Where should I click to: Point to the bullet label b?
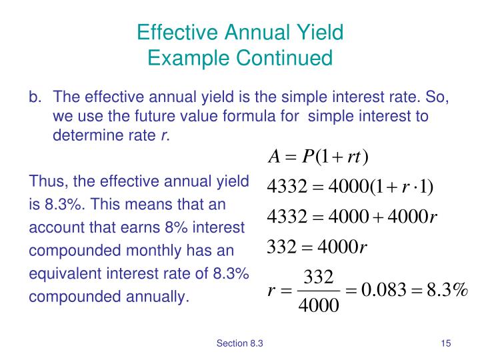pyautogui.click(x=35, y=97)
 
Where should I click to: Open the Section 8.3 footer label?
pyautogui.click(x=240, y=343)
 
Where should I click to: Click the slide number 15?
pyautogui.click(x=445, y=343)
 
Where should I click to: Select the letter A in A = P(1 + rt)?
pyautogui.click(x=273, y=157)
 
